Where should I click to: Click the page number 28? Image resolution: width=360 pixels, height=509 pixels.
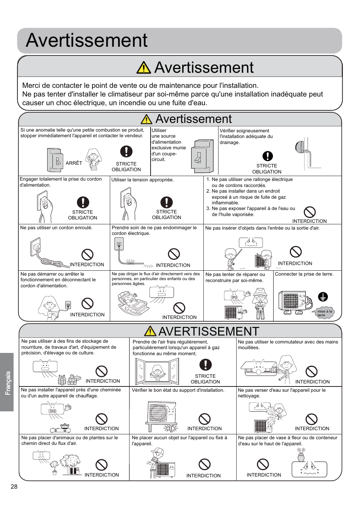coord(14,486)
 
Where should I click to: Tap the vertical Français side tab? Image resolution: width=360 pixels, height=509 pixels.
coord(7,382)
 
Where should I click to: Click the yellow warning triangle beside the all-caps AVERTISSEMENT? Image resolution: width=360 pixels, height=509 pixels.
coord(150,331)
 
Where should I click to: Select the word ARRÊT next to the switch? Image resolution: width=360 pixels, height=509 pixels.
coord(74,163)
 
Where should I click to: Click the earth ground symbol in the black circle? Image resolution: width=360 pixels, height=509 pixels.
coord(323,297)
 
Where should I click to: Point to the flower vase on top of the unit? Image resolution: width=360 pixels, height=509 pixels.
coord(301,456)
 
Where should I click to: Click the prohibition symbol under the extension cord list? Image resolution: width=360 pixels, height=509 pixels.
coord(309,212)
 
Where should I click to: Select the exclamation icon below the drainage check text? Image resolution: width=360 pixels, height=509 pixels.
coord(267,156)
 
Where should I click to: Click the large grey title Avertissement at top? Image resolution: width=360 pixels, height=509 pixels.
coord(87,40)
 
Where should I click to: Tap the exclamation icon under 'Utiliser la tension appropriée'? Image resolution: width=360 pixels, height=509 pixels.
coord(166,202)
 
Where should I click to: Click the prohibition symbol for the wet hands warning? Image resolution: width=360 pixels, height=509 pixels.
coord(311,371)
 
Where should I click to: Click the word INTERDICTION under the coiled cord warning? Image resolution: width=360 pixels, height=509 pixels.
coord(87,265)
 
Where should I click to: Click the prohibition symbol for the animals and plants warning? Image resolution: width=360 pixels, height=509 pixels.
coord(102,465)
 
